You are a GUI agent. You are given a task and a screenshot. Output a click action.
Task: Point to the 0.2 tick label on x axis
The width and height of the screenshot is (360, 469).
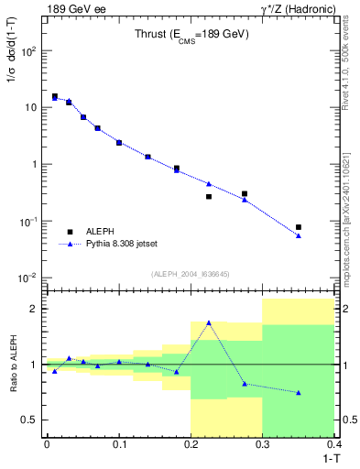pyautogui.click(x=191, y=443)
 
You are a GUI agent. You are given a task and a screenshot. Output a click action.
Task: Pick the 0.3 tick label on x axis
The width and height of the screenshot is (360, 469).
pyautogui.click(x=263, y=443)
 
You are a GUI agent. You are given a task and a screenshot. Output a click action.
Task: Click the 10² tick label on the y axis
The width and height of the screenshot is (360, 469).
pyautogui.click(x=27, y=50)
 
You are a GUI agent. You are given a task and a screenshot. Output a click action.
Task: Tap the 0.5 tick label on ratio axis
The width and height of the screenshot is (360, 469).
pyautogui.click(x=27, y=420)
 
